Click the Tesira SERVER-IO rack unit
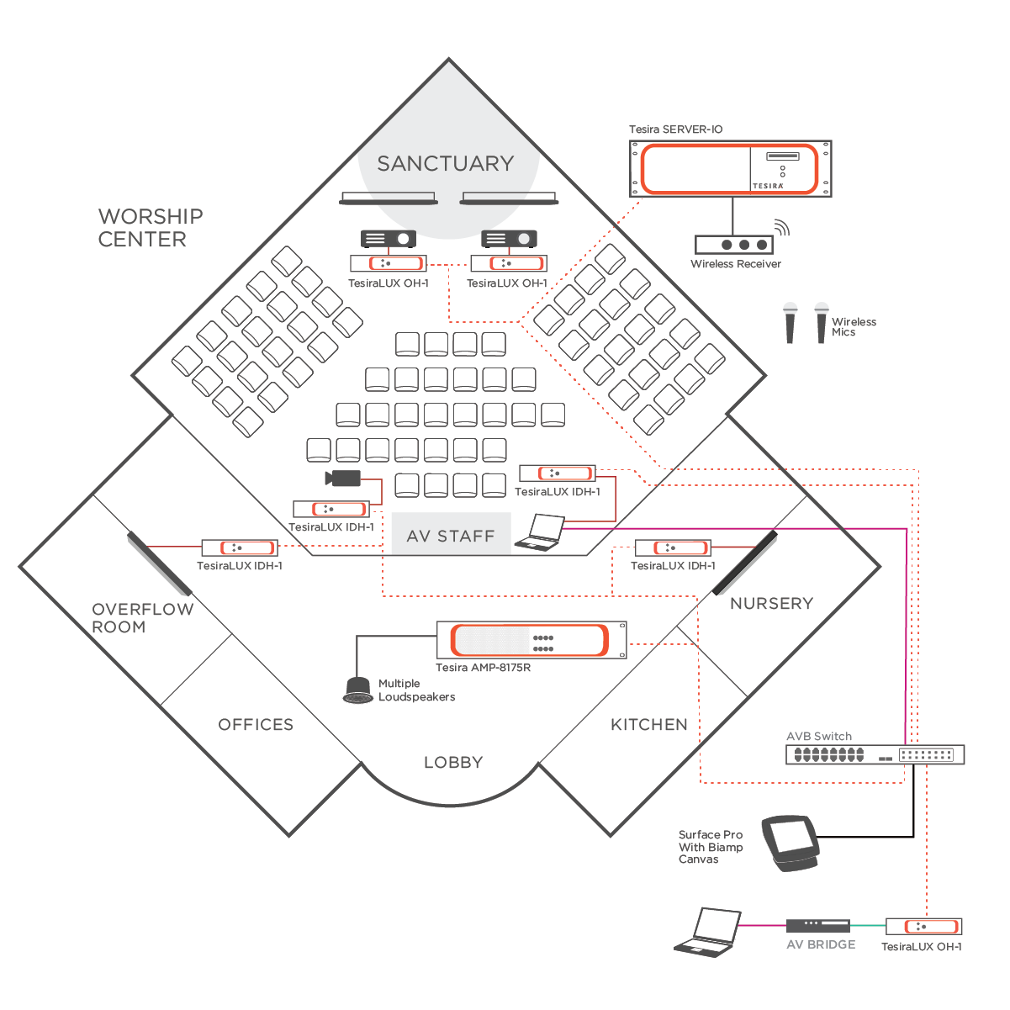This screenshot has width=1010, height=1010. tap(731, 169)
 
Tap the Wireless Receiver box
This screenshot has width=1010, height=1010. tap(733, 245)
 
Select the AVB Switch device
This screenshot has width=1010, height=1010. tap(875, 754)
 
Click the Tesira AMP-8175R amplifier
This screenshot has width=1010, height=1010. tap(531, 641)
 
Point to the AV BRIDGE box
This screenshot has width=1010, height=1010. tap(817, 926)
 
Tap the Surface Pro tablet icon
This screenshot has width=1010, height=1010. tap(791, 842)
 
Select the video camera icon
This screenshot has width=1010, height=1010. tap(343, 479)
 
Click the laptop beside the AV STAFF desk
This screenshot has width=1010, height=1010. tap(541, 533)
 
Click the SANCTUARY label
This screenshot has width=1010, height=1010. tap(445, 163)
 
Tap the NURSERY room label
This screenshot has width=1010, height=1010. tap(771, 604)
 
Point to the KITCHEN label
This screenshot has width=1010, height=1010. tap(648, 725)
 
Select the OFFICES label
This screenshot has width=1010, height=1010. tap(256, 725)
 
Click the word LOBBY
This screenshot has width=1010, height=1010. tap(452, 763)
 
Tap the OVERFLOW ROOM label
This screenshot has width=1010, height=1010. tap(142, 618)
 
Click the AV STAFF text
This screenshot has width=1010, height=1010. tap(451, 537)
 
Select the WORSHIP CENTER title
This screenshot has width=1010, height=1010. tap(150, 228)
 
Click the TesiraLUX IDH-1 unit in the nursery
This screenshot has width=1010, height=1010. tap(673, 547)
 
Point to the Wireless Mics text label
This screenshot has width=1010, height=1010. tap(854, 327)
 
